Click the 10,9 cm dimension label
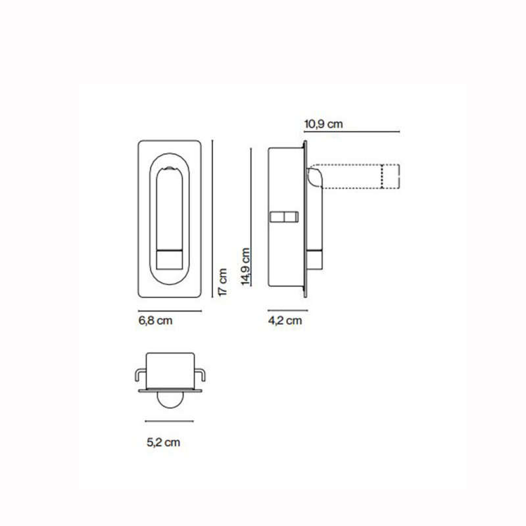tap(323, 124)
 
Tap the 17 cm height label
tap(223, 282)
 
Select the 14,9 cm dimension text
tap(246, 267)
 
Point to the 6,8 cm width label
tap(155, 321)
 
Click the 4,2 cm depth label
tap(285, 321)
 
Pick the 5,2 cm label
tap(163, 442)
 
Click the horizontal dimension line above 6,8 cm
tap(170, 311)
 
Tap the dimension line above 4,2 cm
tap(287, 310)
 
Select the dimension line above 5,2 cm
tap(169, 421)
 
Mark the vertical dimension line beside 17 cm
tap(212, 219)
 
